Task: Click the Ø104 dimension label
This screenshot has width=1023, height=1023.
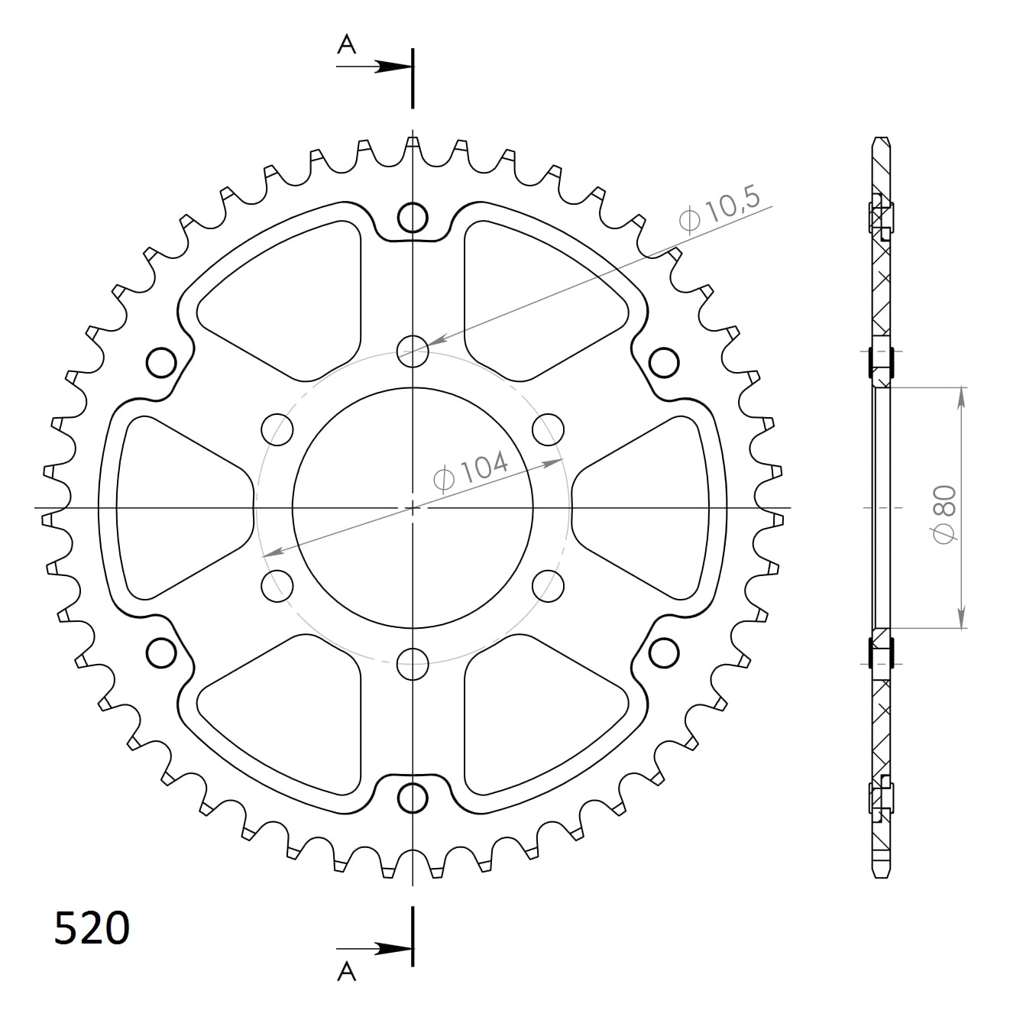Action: point(471,470)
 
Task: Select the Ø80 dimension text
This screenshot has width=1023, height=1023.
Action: point(945,514)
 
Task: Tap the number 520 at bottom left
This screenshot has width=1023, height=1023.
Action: point(92,928)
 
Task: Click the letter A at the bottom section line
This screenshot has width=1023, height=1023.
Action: point(347,971)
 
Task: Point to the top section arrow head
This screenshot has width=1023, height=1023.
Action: point(394,67)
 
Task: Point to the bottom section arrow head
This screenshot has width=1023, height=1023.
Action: point(394,950)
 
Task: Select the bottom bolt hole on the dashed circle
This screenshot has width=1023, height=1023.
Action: point(413,663)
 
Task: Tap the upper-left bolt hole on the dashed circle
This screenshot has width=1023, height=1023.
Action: point(277,429)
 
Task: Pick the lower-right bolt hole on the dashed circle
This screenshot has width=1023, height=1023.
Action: point(548,585)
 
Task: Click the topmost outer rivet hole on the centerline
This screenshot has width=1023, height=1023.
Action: point(413,218)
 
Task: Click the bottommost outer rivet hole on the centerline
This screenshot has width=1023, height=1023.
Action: point(413,798)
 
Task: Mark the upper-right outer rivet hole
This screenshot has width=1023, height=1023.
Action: point(664,362)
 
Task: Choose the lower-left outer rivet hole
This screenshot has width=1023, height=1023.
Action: point(161,652)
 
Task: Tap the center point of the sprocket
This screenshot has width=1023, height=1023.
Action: point(413,507)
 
